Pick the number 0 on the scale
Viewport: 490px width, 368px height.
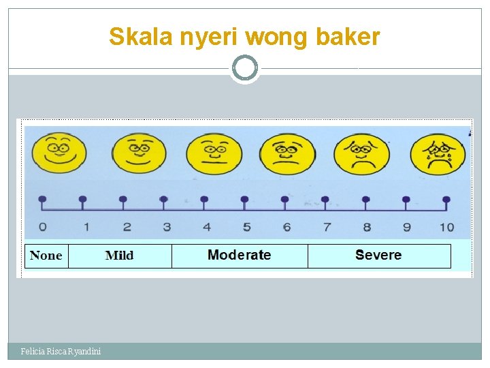(x=43, y=227)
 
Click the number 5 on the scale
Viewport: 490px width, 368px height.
(x=246, y=227)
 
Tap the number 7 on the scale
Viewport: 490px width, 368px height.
(x=327, y=227)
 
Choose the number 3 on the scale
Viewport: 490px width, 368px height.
(x=166, y=227)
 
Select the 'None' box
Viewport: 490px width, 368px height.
(x=46, y=256)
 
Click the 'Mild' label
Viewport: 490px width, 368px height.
(x=120, y=256)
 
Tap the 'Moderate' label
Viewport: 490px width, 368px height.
(x=239, y=256)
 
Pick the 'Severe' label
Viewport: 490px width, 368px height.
(x=378, y=256)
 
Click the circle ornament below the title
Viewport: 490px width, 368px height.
(x=244, y=68)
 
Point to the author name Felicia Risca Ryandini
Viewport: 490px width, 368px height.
(x=61, y=351)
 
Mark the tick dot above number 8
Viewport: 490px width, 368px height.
(x=366, y=200)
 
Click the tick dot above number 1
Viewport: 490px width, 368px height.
(x=83, y=200)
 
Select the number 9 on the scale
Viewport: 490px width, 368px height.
(x=407, y=227)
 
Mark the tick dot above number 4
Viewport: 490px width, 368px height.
(x=204, y=200)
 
